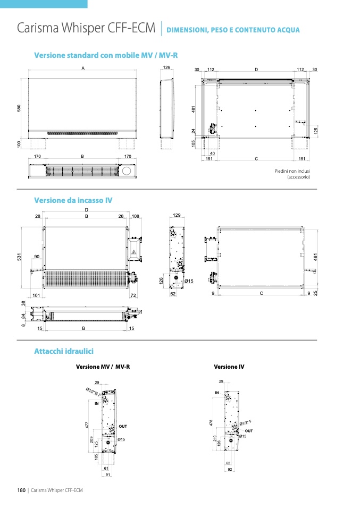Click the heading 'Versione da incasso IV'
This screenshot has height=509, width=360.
pos(73,200)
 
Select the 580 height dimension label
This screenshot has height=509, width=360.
pos(19,108)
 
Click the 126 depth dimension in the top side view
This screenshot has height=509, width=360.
pos(166,68)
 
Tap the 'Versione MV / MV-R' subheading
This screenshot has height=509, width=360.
pos(103,367)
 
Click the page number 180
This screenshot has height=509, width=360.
pos(21,489)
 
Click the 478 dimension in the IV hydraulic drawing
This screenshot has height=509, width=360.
pos(212,423)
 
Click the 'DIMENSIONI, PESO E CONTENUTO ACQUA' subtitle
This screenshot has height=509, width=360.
pos(233,30)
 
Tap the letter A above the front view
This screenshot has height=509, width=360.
pos(83,69)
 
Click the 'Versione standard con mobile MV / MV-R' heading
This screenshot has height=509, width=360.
pos(106,55)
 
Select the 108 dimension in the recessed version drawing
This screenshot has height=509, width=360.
pos(136,216)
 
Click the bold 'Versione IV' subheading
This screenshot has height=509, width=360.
pos(229,367)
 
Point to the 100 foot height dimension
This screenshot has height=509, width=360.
pos(19,144)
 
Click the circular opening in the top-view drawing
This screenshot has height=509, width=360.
pos(128,171)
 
